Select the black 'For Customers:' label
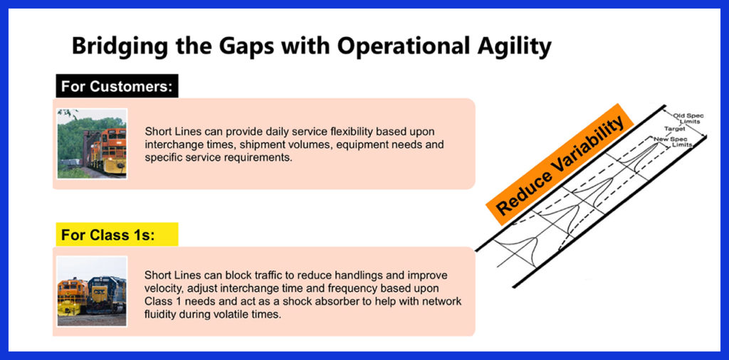pyautogui.click(x=117, y=86)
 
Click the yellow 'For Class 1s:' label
pyautogui.click(x=117, y=235)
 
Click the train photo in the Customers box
pyautogui.click(x=92, y=144)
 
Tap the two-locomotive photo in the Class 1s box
pyautogui.click(x=92, y=291)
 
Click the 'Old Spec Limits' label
pyautogui.click(x=686, y=118)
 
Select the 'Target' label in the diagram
pyautogui.click(x=674, y=129)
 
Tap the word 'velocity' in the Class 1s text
pyautogui.click(x=162, y=288)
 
